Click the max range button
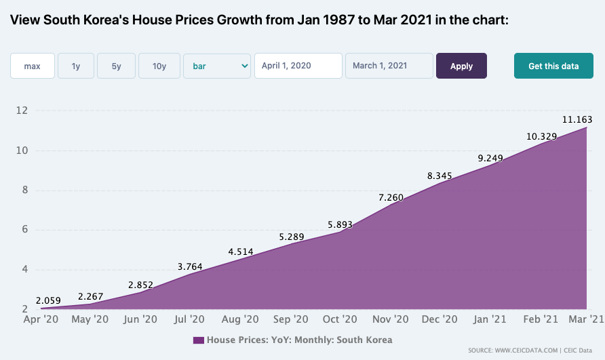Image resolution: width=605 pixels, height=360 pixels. pos(33,66)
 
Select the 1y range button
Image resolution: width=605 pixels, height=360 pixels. pos(76,66)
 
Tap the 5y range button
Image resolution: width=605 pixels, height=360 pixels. pos(116,66)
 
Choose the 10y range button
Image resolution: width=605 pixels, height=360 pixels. pos(159,66)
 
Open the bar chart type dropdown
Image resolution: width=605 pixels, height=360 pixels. pos(217,66)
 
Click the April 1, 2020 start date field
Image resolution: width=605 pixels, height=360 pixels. pos(298,66)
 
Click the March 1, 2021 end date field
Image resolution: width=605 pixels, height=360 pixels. pos(389,66)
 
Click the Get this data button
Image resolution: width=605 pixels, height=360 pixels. pos(553,66)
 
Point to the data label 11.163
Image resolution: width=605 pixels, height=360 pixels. pos(577,119)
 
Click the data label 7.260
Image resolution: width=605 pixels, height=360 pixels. pos(391,197)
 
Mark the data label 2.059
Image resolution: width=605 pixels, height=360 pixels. pos(48,300)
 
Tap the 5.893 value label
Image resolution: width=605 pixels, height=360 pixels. pos(340,224)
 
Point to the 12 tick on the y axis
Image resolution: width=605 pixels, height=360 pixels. pos(22,111)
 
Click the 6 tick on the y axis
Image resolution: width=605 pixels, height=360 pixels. pos(25,229)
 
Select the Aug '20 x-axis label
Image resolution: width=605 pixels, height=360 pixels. pos(240,319)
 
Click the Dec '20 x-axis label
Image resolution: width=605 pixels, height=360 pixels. pos(440,319)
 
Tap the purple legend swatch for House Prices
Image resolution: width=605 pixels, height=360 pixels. pos(198,340)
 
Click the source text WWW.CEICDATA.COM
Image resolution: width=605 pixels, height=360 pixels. pos(526,351)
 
